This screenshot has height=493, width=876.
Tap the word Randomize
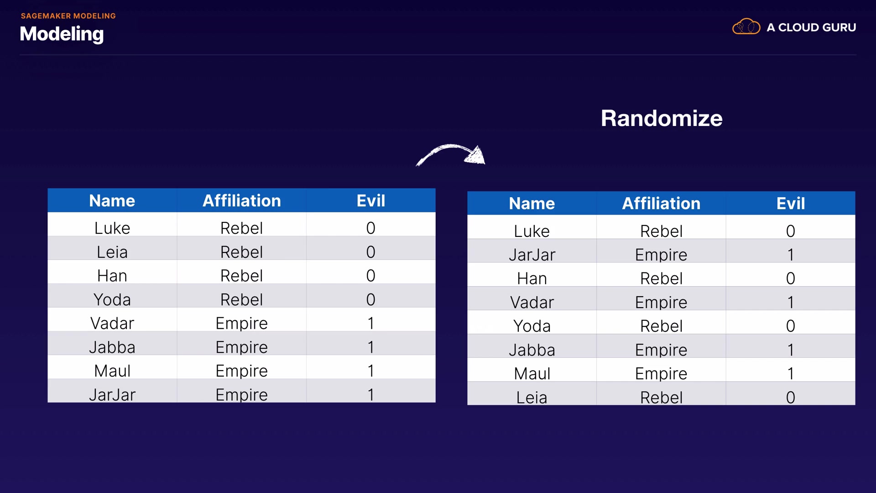[x=661, y=118]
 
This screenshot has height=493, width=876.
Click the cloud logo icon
[x=746, y=27]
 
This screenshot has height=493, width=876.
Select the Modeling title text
[x=62, y=34]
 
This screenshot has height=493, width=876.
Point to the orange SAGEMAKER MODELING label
[x=68, y=16]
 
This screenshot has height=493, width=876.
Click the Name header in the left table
[x=112, y=201]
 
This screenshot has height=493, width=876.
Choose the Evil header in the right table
[x=790, y=204]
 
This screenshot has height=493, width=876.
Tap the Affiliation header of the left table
[x=241, y=201]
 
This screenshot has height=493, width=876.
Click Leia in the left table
[x=112, y=252]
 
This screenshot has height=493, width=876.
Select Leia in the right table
[x=532, y=397]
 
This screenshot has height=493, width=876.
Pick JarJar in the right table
[x=532, y=255]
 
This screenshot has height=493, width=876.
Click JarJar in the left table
[x=112, y=394]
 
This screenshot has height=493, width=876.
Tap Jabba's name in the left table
[x=112, y=347]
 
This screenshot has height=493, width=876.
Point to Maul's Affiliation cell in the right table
[x=661, y=373]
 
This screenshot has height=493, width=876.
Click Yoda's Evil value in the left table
[x=370, y=299]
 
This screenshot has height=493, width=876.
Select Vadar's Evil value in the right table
[x=790, y=302]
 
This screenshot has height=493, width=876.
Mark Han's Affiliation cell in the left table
[x=241, y=276]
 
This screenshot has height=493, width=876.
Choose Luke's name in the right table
[x=532, y=231]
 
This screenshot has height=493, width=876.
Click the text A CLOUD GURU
[x=811, y=27]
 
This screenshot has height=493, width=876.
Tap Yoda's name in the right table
[x=532, y=326]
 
